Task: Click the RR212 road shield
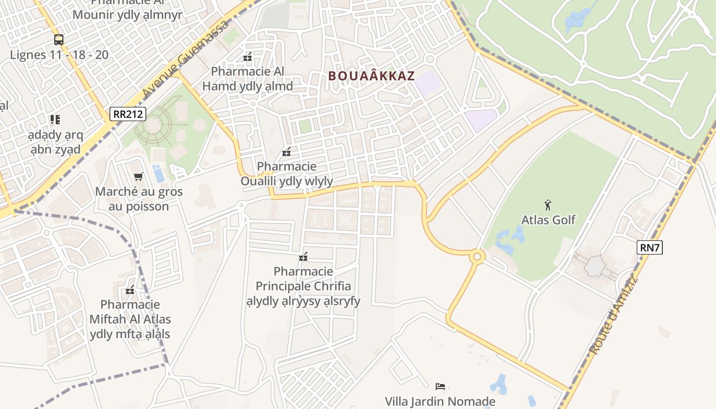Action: (128, 114)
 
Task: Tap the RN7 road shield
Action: (650, 248)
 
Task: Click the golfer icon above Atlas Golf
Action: (548, 205)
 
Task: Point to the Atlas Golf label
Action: (548, 220)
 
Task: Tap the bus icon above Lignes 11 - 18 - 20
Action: (59, 40)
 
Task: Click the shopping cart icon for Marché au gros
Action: (138, 177)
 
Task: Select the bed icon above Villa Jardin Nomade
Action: (440, 387)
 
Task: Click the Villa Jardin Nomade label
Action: (440, 401)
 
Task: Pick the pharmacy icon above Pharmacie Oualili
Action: (286, 152)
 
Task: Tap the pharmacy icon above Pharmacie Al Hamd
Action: (248, 57)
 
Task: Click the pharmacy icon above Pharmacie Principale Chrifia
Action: (303, 257)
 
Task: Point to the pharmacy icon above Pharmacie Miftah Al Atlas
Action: (130, 290)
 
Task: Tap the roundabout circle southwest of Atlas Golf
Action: (477, 256)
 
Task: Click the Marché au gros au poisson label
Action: (139, 199)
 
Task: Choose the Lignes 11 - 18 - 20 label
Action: (59, 55)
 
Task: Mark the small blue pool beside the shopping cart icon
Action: (159, 174)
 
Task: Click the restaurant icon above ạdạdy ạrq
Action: (55, 120)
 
